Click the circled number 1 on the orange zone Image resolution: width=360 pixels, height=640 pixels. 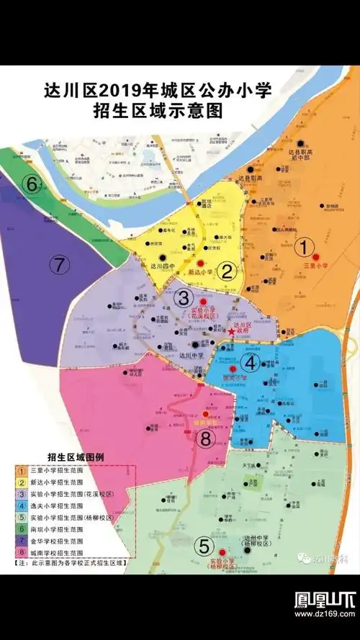point(307,247)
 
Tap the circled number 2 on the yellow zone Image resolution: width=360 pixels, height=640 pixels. point(228,271)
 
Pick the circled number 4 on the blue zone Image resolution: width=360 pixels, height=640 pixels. point(251,362)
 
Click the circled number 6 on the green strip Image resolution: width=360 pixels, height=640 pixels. point(32,184)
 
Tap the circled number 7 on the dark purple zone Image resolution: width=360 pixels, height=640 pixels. point(59,264)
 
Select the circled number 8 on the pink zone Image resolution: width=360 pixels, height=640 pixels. point(207,438)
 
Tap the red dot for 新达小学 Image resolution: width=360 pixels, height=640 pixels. point(202,263)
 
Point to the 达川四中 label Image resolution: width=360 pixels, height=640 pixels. point(163,266)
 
